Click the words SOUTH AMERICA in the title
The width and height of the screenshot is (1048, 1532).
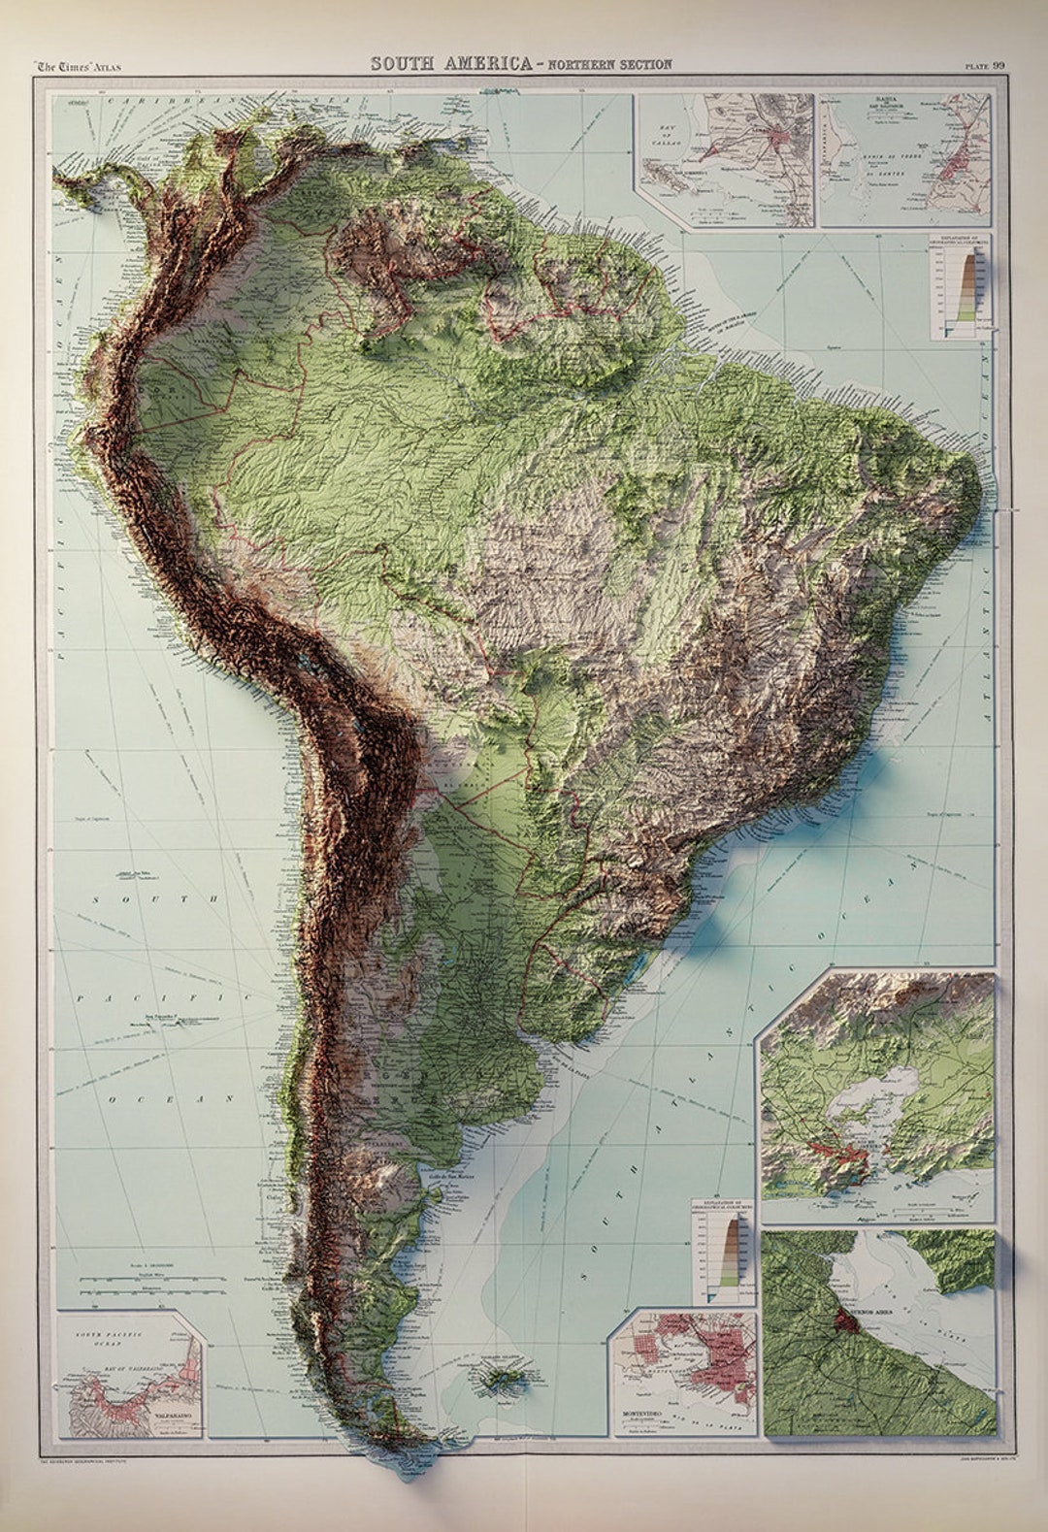451,64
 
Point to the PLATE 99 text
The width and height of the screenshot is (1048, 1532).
984,65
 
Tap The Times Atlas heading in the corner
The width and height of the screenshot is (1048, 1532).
78,66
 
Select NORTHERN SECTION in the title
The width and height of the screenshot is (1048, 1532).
609,65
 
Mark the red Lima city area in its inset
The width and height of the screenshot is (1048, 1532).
776,141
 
